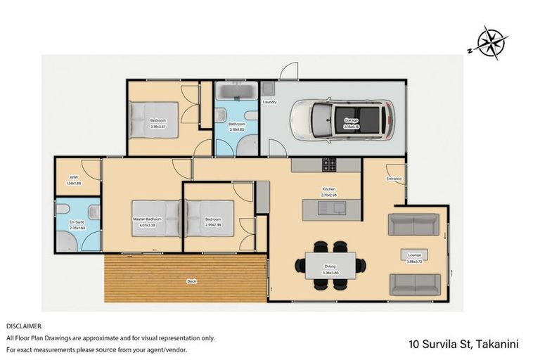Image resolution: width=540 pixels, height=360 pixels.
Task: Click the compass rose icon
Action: tap(489, 41)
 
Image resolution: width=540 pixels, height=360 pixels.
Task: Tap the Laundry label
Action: tap(269, 103)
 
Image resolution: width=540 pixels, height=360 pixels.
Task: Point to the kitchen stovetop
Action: tap(330, 165)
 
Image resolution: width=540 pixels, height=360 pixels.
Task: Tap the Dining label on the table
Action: tap(330, 266)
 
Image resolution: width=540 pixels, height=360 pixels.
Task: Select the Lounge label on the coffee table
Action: tap(413, 254)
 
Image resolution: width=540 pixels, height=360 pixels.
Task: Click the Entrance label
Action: tap(394, 179)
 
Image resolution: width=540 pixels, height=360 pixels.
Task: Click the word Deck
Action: tap(191, 281)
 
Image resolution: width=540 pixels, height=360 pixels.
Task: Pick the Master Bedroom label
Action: tap(148, 219)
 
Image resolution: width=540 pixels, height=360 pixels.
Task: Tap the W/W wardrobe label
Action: tap(74, 177)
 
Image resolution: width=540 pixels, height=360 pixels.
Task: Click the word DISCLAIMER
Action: tap(24, 326)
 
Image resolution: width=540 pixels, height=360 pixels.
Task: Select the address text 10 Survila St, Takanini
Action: tap(463, 345)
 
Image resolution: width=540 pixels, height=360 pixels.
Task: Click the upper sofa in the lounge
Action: tap(413, 224)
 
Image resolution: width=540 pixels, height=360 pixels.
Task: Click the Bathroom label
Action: tap(236, 124)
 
